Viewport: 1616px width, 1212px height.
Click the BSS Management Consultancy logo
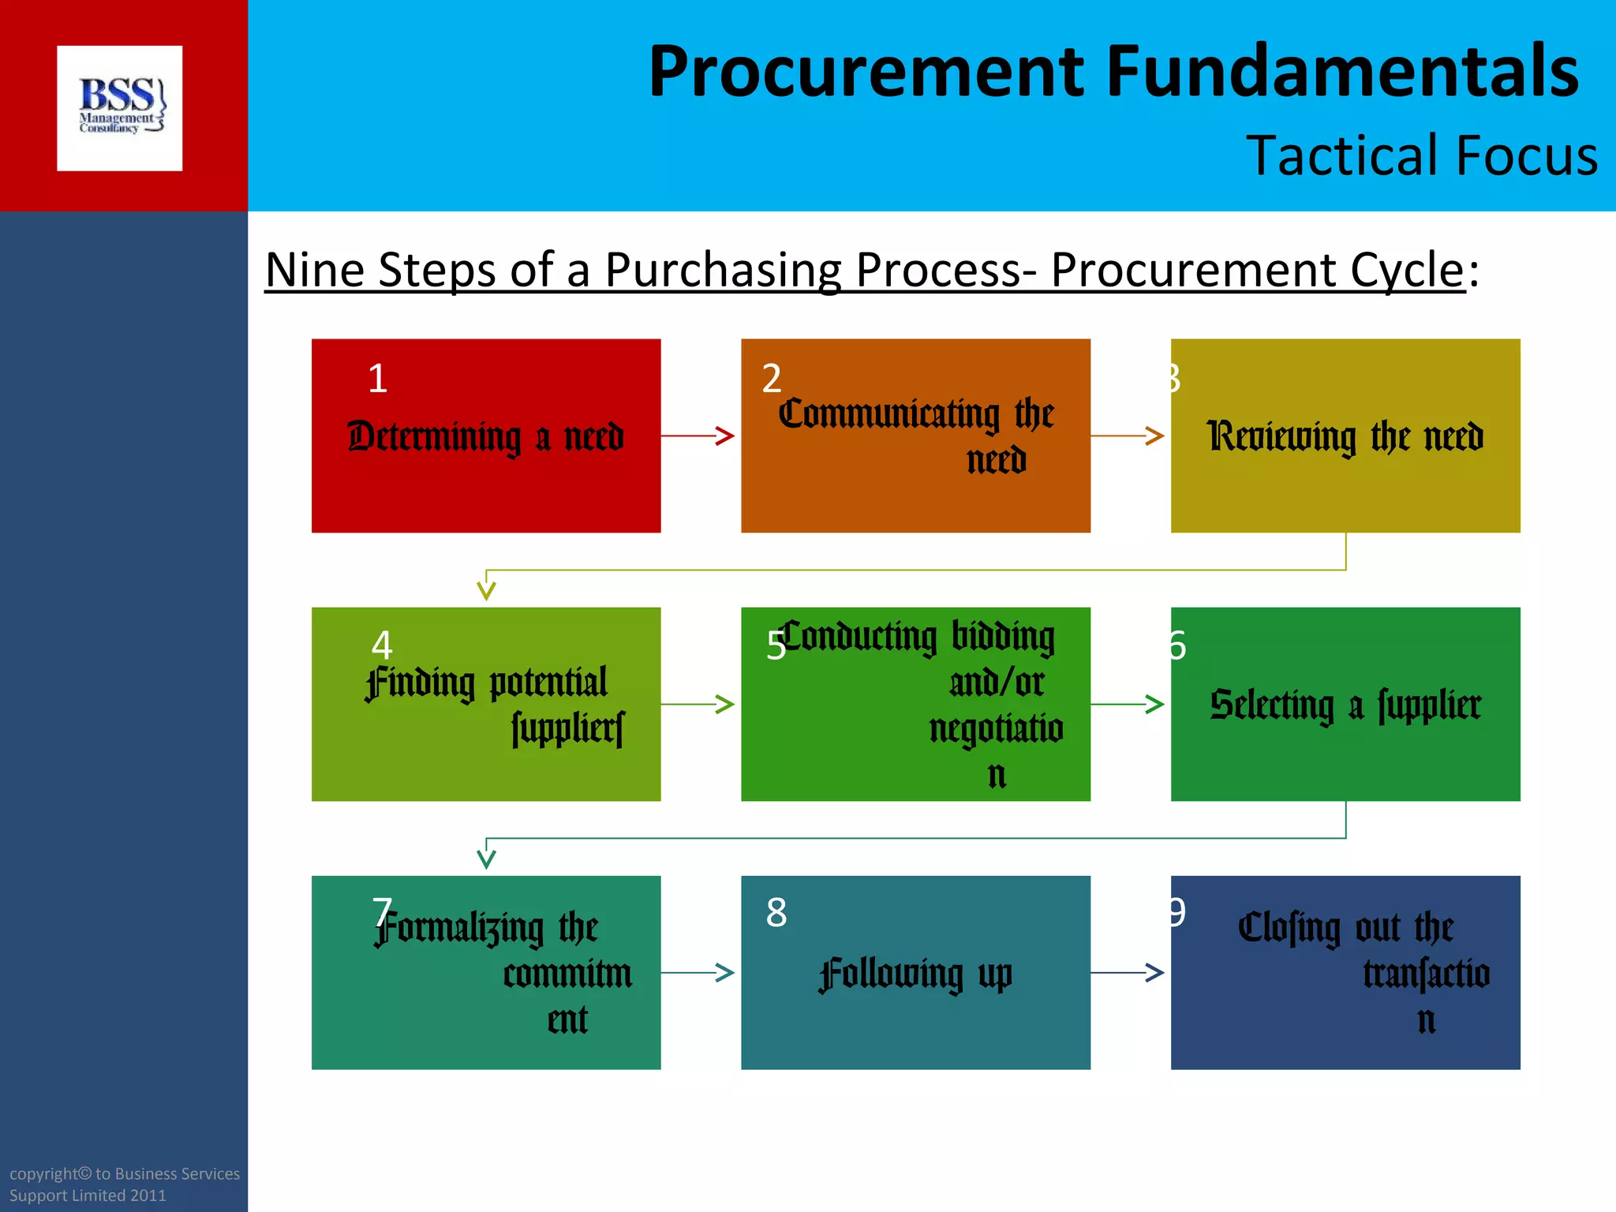[120, 108]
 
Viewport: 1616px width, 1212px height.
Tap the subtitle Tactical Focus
[1421, 155]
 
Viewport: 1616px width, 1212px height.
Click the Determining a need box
[486, 436]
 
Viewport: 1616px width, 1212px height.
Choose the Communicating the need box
[915, 436]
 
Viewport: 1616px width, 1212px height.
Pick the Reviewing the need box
[1345, 436]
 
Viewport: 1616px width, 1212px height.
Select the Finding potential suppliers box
[486, 705]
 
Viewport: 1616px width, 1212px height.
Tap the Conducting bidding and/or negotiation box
[915, 705]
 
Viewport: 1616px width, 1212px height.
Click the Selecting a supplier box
[1345, 705]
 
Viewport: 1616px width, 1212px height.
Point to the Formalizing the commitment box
[486, 973]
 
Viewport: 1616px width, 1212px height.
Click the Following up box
[915, 973]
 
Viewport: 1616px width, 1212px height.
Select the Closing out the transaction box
[1345, 973]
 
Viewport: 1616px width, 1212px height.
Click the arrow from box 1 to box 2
[699, 436]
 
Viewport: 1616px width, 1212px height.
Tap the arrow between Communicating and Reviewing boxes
[1128, 436]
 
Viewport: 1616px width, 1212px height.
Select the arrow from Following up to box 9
[1128, 973]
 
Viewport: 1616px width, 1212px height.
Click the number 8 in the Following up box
[776, 913]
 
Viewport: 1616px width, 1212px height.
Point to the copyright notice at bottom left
[124, 1184]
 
